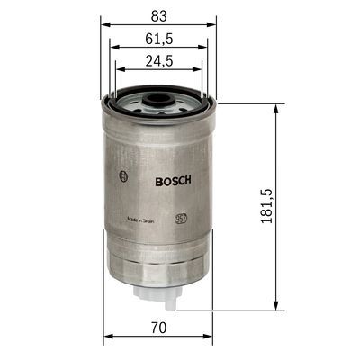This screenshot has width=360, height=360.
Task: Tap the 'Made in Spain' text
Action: (x=145, y=219)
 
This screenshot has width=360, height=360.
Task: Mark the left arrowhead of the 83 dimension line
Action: (x=102, y=25)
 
